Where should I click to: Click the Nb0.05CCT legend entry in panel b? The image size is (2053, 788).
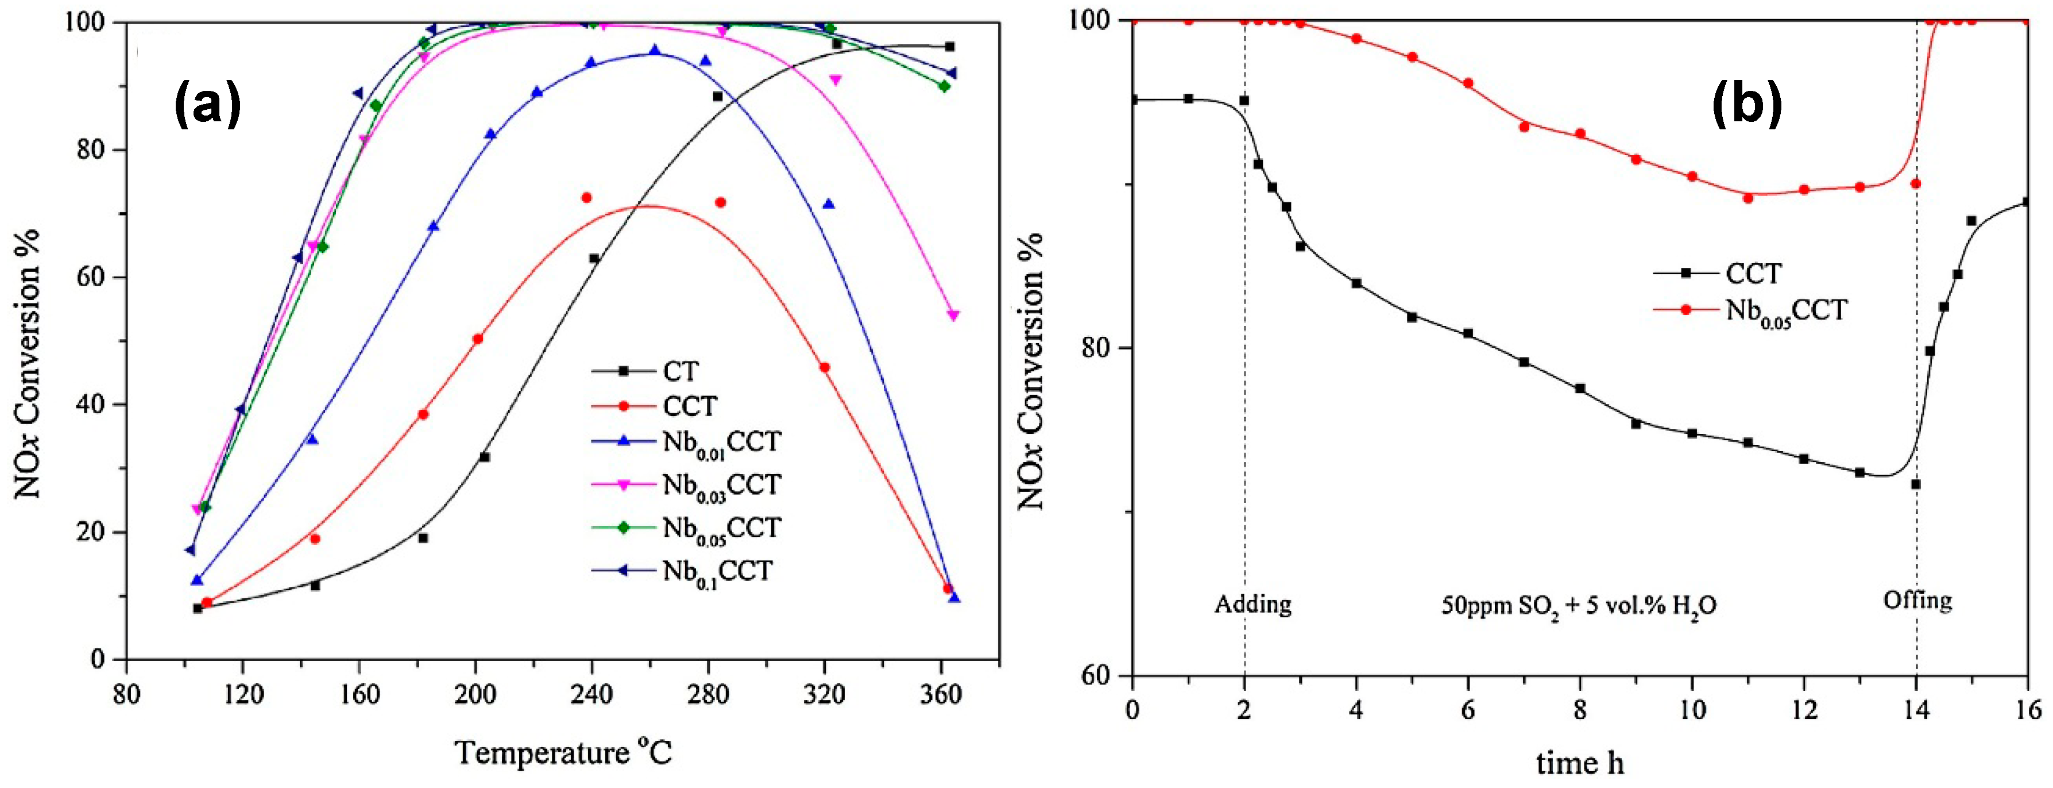tap(1785, 310)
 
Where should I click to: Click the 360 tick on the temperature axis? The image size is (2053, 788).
tap(941, 694)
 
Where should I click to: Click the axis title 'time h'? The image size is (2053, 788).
tap(1580, 763)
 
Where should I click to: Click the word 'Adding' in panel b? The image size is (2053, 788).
tap(1253, 604)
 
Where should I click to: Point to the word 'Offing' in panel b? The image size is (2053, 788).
tap(1917, 600)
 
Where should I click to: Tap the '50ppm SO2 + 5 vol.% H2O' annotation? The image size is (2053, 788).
tap(1579, 607)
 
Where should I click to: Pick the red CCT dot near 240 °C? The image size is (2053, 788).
tap(586, 198)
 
